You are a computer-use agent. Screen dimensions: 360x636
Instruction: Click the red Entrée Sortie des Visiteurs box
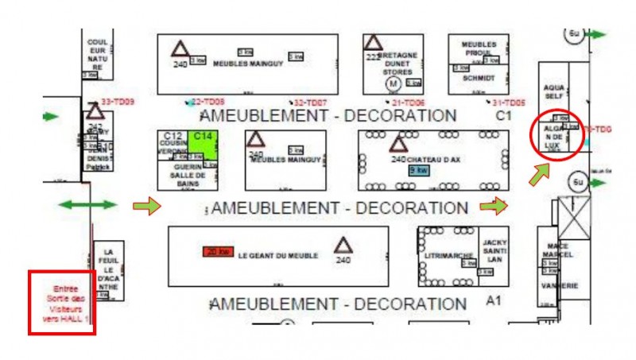(62, 302)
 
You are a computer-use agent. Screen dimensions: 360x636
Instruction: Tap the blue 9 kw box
(417, 170)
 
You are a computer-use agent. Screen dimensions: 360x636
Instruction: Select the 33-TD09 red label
(118, 102)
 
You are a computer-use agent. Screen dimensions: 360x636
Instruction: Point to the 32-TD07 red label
(310, 103)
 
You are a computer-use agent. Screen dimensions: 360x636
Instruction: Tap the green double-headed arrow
(88, 205)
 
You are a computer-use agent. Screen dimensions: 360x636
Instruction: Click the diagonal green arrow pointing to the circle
(540, 174)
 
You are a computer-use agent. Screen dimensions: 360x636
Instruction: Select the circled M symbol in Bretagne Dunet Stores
(392, 82)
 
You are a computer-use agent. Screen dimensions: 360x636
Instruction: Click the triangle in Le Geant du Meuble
(343, 244)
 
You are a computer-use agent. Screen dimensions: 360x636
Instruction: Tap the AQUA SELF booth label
(553, 91)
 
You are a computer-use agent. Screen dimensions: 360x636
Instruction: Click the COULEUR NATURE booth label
(97, 54)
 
